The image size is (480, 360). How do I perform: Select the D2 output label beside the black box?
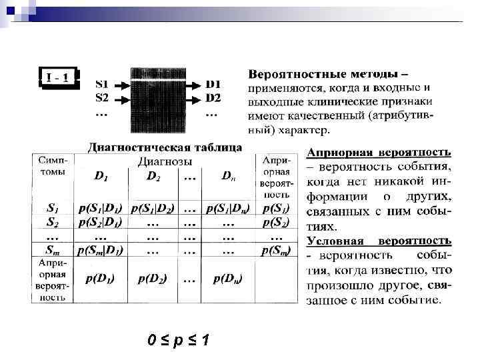tap(213, 98)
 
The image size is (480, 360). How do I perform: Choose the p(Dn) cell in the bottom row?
tap(227, 278)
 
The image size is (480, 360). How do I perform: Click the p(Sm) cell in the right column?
tap(275, 250)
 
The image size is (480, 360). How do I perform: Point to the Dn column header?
tap(227, 177)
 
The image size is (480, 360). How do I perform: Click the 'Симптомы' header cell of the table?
tap(52, 167)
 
